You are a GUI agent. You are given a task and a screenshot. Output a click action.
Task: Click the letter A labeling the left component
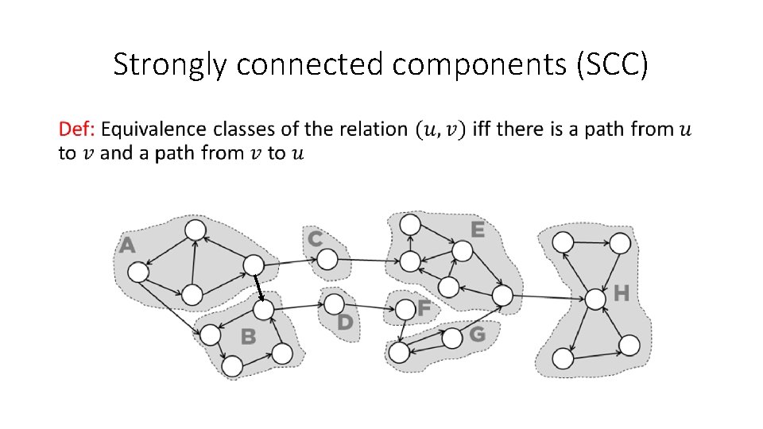127,246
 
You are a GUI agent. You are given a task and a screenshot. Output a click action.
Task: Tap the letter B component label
249,337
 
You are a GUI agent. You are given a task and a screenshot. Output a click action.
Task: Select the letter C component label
316,238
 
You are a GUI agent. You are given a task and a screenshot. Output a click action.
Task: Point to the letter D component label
345,322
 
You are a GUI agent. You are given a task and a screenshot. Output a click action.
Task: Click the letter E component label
477,230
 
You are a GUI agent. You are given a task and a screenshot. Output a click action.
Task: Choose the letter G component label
477,334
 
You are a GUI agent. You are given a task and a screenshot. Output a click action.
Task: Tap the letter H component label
622,294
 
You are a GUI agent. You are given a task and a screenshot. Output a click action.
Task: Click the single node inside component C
327,258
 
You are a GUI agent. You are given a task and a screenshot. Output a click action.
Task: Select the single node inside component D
335,303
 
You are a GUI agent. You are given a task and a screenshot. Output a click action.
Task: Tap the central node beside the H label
595,299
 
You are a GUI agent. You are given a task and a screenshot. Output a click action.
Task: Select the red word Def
76,129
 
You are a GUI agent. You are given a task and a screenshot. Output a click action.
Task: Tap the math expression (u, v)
440,129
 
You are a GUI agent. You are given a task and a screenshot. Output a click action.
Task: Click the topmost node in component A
195,230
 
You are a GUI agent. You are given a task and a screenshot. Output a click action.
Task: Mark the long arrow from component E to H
548,297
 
